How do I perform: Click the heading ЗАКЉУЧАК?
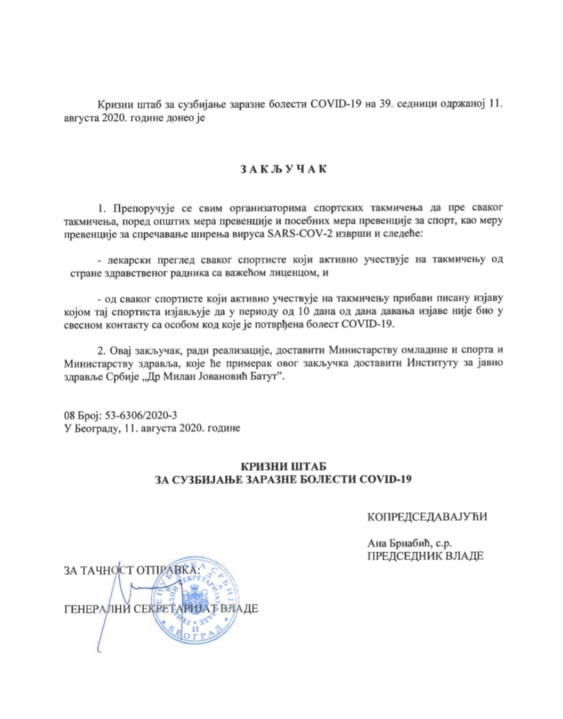[282, 169]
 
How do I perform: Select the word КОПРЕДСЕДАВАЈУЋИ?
[427, 517]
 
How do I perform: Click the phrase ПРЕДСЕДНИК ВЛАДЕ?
[425, 556]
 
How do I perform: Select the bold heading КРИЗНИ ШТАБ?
[283, 467]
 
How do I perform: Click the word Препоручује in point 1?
[138, 207]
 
